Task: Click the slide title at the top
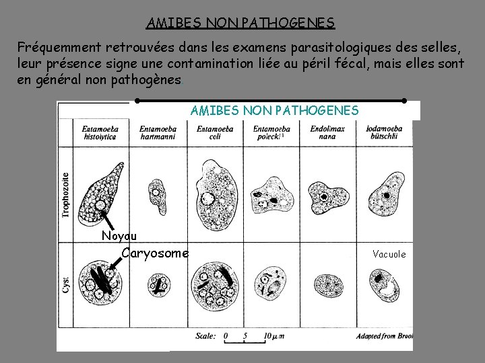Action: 240,23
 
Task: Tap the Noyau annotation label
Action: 119,235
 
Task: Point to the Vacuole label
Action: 389,254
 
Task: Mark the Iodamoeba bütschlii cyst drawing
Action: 384,285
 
